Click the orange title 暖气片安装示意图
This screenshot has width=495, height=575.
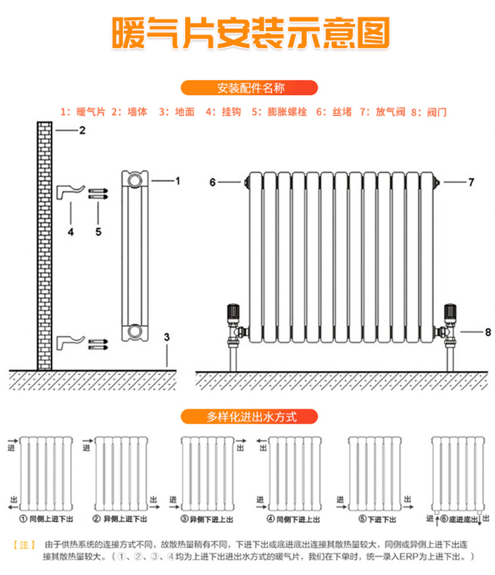pos(250,33)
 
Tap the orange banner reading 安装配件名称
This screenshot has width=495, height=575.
pos(249,88)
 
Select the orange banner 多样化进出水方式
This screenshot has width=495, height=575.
pos(249,417)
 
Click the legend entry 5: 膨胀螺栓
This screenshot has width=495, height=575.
pos(279,112)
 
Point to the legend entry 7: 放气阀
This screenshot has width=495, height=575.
pos(382,112)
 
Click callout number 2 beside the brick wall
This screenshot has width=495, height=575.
pos(82,131)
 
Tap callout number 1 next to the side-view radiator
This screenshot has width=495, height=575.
pos(178,181)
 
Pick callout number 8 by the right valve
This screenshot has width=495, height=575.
pos(488,332)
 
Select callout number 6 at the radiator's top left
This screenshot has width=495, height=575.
pos(213,182)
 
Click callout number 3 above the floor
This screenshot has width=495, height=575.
pos(167,337)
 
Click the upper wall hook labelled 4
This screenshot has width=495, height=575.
pos(70,192)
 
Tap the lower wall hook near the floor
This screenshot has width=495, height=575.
pos(70,342)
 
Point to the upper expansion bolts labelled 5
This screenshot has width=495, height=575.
pos(98,194)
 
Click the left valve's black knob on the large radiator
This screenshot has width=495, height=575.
pos(233,312)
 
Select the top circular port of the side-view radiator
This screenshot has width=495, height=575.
pos(135,180)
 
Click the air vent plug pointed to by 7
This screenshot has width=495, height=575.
pos(436,182)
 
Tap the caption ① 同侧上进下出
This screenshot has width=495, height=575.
pos(46,519)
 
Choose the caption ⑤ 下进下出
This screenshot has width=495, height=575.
pos(378,520)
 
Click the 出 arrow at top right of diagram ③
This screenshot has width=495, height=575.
pos(240,441)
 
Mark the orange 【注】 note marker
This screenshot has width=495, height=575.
pos(24,545)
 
